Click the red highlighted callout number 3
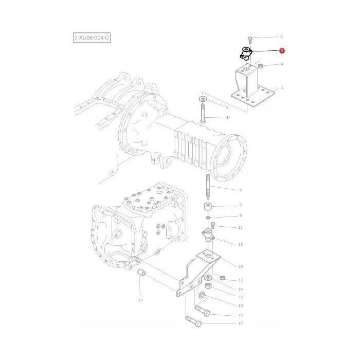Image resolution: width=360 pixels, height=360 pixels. point(282,51)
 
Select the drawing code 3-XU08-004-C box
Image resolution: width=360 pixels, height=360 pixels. point(92,38)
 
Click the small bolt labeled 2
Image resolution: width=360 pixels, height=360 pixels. point(250,40)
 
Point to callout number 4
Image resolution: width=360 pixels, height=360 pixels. point(282,64)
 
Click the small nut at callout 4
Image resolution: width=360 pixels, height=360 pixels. point(260,66)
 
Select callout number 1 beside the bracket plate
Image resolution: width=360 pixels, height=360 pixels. point(282,88)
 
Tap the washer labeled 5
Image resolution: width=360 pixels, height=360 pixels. point(203,99)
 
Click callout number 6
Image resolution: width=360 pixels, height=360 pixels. point(227,118)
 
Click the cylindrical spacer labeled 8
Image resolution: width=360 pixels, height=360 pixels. point(208,207)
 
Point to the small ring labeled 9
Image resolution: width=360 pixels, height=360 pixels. point(208,217)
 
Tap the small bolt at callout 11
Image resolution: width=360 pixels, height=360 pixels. point(212,225)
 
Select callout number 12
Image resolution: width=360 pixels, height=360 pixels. point(240,244)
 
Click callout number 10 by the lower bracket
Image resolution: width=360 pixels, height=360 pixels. point(240,266)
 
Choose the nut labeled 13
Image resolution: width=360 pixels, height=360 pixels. point(222,278)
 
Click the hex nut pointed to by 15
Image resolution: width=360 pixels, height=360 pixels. point(208,286)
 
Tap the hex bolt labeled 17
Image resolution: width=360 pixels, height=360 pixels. point(193,321)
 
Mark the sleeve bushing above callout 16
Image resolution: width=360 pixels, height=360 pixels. point(141,273)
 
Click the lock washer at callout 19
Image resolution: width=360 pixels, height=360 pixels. point(202,295)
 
